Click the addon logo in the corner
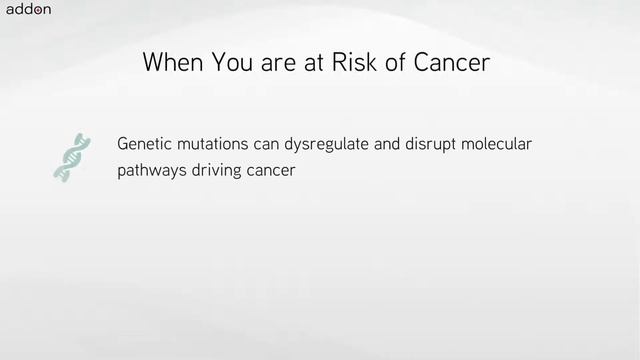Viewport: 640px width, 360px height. point(28,11)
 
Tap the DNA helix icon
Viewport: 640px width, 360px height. point(69,157)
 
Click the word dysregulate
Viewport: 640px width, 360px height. point(326,144)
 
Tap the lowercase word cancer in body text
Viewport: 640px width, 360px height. point(272,171)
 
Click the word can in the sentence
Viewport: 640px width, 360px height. point(267,144)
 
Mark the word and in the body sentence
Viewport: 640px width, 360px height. point(386,144)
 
